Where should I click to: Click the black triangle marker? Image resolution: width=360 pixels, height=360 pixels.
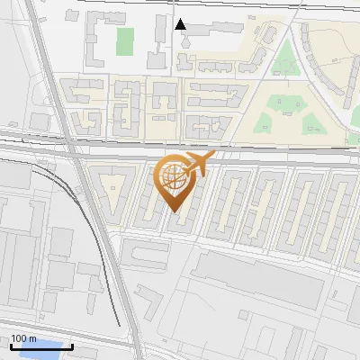pos(181,24)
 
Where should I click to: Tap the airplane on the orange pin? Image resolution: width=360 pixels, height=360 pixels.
pos(197,165)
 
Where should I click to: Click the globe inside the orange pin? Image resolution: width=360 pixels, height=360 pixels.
pos(174,179)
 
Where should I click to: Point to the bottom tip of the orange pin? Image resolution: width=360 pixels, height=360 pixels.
pos(174,212)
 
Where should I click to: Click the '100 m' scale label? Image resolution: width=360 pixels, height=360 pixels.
pos(23,338)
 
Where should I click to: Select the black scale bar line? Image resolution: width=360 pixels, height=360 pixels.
pos(41,346)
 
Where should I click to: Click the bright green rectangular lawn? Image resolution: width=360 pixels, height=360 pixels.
pos(125,40)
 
